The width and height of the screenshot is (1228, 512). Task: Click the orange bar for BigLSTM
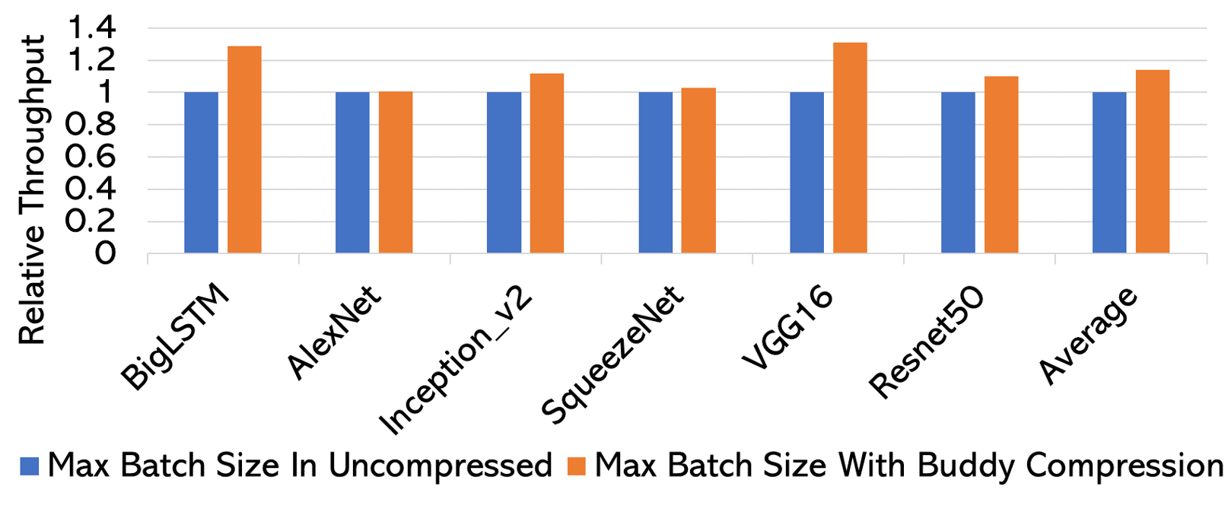[x=244, y=150]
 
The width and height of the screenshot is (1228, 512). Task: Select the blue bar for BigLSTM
[x=201, y=173]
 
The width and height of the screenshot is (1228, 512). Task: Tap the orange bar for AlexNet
[x=396, y=173]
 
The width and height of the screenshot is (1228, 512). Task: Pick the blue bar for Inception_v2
[x=504, y=173]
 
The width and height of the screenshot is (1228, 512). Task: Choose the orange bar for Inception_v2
[x=547, y=164]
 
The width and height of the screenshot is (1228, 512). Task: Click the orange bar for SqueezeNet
[x=698, y=170]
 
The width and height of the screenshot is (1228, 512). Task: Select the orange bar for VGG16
[x=850, y=148]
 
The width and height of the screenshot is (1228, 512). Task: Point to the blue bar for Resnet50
[x=958, y=173]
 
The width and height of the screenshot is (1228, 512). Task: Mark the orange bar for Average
[x=1153, y=161]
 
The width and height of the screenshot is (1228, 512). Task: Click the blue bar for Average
[x=1109, y=173]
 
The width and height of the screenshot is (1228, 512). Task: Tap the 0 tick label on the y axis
[x=105, y=253]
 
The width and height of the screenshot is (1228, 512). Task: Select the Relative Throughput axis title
[x=32, y=190]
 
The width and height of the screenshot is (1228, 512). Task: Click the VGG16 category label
[x=788, y=329]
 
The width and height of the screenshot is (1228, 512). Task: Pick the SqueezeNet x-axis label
[x=613, y=355]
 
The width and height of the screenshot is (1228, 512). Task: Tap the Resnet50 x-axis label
[x=927, y=342]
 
